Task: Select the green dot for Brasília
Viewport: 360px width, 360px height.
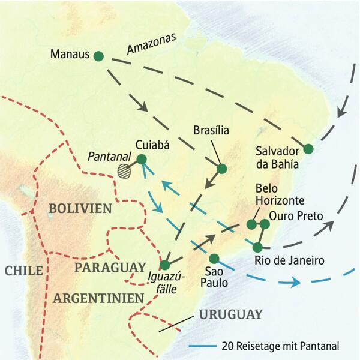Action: tap(221, 169)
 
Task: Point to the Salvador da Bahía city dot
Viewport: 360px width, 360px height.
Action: tap(308, 149)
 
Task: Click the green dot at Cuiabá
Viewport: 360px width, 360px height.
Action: tap(142, 159)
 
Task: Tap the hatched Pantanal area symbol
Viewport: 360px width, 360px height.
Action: tap(125, 170)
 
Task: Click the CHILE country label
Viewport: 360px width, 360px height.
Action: tap(23, 271)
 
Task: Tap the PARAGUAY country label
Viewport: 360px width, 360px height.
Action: tap(110, 267)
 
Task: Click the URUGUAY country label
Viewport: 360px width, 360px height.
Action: tap(230, 314)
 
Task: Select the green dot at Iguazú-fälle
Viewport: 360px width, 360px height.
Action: tap(166, 265)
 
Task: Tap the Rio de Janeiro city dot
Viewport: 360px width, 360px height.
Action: tap(257, 247)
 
